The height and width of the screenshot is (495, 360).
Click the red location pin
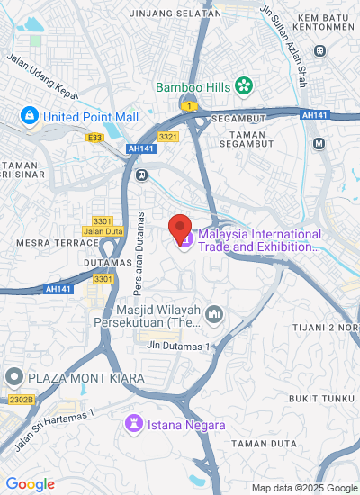tap(180, 229)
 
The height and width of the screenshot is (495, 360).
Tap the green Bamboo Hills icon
tap(243, 87)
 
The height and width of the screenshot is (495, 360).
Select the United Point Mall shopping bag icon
tap(30, 115)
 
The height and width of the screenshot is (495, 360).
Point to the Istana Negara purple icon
tap(134, 422)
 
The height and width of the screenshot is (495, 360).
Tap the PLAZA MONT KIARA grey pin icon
tap(13, 375)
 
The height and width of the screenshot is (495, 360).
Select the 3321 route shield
tap(167, 136)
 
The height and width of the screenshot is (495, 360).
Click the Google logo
tap(30, 484)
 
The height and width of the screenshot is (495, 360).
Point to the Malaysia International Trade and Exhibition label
tap(259, 239)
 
